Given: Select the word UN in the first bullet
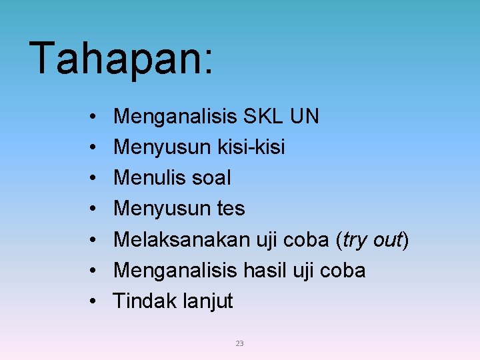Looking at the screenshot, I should coord(305,117).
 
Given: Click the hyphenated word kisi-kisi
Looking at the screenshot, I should coord(251,147).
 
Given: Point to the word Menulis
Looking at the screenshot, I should coord(149,178).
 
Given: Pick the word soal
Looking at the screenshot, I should coord(210,178).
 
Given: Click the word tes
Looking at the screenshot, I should coord(231,209).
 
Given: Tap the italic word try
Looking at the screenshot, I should coord(355,239).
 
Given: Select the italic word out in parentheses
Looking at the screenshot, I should coord(387,239).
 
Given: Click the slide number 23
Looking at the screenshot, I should coord(240,343).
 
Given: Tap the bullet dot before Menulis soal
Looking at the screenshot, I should coord(90,179).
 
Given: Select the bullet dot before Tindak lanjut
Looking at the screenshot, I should coord(90,301).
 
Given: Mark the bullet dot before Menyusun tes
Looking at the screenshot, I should coord(90,209).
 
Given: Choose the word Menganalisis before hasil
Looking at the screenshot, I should coord(175,270).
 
